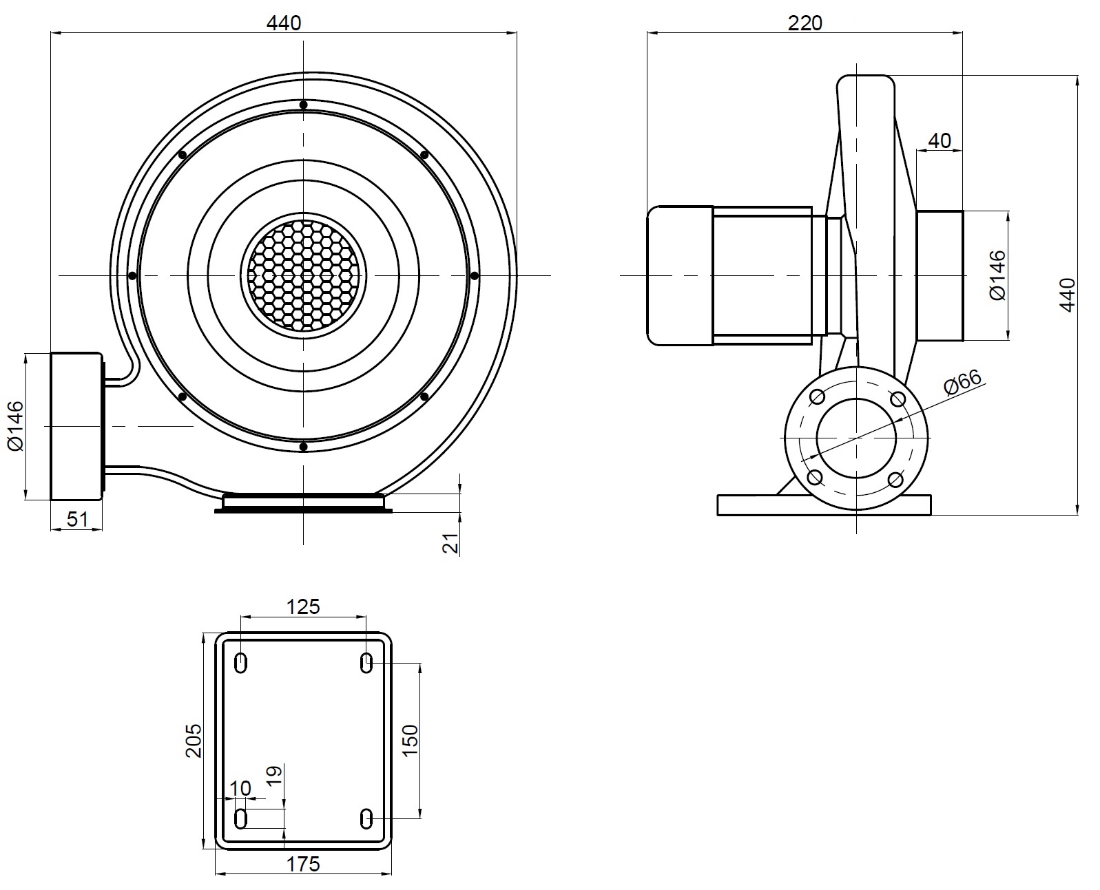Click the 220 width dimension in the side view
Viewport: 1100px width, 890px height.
pyautogui.click(x=805, y=23)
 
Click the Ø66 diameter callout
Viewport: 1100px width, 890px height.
pyautogui.click(x=962, y=383)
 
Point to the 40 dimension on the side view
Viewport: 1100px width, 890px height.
pyautogui.click(x=940, y=140)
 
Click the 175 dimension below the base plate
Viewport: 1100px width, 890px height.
pyautogui.click(x=304, y=864)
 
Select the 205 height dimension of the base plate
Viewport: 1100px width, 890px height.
pyautogui.click(x=194, y=740)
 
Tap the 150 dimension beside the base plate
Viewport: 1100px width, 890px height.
pyautogui.click(x=410, y=741)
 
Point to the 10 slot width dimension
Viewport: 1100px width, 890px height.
pyautogui.click(x=240, y=787)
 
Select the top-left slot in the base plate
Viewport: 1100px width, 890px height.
pyautogui.click(x=241, y=663)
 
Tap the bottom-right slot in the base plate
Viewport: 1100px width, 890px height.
pyautogui.click(x=366, y=819)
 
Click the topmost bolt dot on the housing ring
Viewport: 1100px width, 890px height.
pyautogui.click(x=303, y=105)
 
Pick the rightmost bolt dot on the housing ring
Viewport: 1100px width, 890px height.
pyautogui.click(x=474, y=275)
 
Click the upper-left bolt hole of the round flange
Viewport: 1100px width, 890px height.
pyautogui.click(x=818, y=397)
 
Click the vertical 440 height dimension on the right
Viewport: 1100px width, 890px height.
pyautogui.click(x=1067, y=295)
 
